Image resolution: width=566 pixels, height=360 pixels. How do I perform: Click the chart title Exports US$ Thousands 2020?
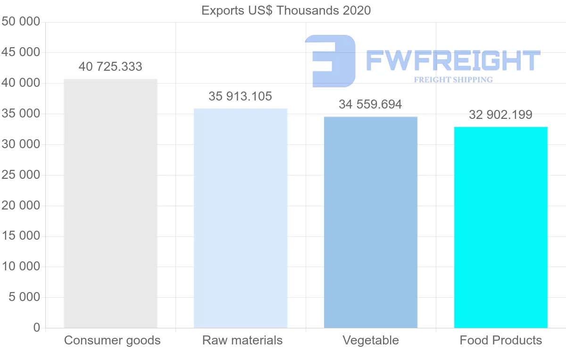(x=286, y=10)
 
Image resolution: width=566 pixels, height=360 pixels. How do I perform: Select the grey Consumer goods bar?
(x=110, y=203)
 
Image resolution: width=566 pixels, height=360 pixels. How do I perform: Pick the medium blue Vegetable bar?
(x=371, y=222)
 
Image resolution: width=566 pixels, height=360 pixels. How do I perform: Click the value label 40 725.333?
(x=110, y=67)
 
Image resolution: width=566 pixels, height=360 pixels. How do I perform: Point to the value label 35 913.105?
(x=241, y=97)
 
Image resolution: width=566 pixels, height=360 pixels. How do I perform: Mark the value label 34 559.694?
(x=371, y=105)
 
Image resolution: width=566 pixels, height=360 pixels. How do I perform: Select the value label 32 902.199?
(x=501, y=115)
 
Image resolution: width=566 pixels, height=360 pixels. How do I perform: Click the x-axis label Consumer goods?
(x=112, y=341)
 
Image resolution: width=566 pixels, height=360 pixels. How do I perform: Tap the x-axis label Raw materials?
(x=242, y=341)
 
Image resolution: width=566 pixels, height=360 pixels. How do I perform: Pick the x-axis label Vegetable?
(x=371, y=341)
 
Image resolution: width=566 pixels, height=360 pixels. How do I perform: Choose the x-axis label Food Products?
(x=501, y=341)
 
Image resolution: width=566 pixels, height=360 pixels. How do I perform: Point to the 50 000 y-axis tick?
(x=21, y=22)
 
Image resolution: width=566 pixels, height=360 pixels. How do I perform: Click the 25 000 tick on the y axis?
(x=21, y=175)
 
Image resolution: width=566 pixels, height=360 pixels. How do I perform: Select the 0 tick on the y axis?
(x=37, y=328)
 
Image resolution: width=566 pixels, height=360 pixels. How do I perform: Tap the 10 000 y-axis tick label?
(x=21, y=267)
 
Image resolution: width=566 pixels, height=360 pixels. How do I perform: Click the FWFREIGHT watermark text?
(x=453, y=61)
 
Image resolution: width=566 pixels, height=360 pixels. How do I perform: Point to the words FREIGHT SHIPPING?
(x=453, y=80)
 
